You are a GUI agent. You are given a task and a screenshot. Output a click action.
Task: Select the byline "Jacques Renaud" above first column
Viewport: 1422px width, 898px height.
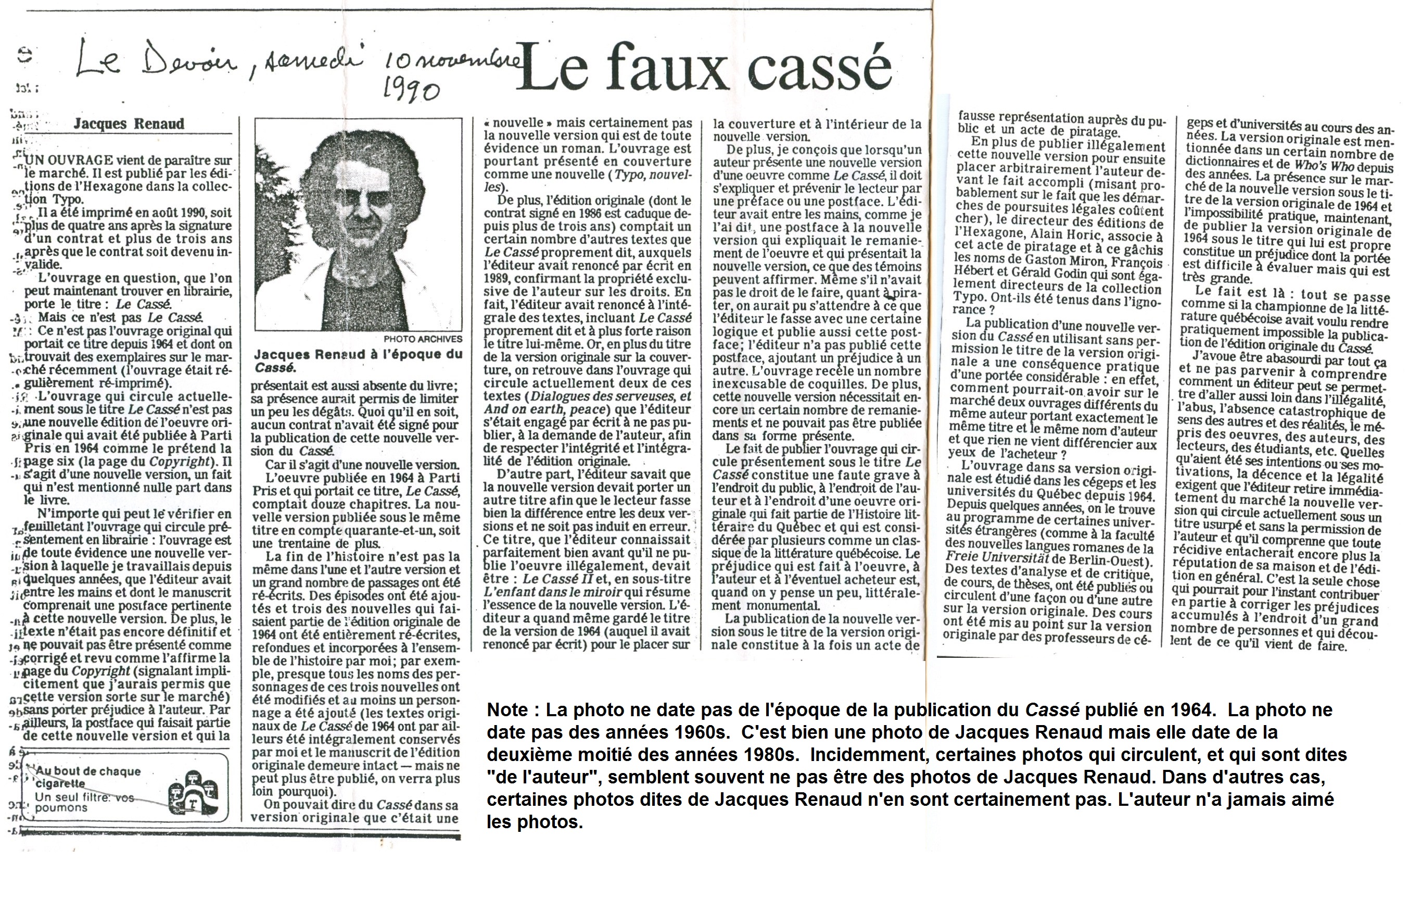click(129, 123)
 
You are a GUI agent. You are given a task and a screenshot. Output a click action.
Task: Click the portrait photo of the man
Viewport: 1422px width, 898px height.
click(358, 225)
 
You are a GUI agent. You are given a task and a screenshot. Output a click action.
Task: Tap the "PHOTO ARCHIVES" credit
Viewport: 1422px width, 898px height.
click(422, 339)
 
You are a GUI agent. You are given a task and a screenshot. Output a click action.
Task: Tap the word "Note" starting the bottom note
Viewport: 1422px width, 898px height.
click(509, 709)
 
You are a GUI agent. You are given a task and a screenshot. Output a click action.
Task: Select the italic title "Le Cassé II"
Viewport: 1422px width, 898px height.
click(553, 578)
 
